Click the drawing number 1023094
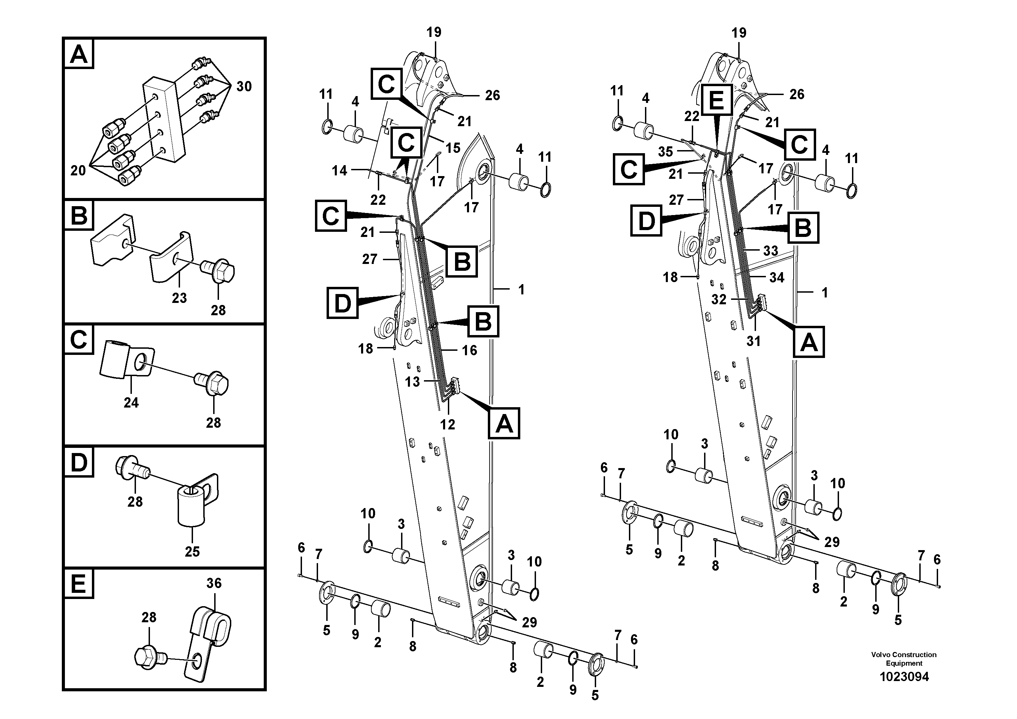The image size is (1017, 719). tap(904, 677)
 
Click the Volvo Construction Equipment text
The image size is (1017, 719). tap(904, 659)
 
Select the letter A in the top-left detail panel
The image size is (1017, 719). tap(79, 54)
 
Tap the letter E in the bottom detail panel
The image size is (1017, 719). tap(78, 584)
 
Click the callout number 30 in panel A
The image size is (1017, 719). tap(244, 86)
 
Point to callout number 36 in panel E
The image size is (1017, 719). tap(214, 583)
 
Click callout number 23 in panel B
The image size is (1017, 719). tap(179, 298)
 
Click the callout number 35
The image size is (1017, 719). tap(665, 151)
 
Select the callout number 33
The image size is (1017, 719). tap(770, 251)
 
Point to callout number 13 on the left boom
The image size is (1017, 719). tap(412, 381)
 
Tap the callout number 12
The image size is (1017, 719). tap(448, 424)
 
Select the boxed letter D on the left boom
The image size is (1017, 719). tap(342, 303)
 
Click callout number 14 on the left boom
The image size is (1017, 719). tap(339, 170)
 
